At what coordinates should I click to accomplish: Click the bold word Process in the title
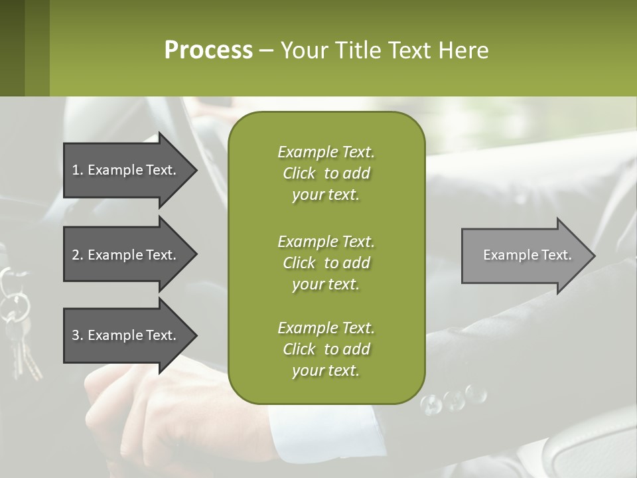coord(208,50)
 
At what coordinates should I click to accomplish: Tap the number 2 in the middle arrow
coord(76,255)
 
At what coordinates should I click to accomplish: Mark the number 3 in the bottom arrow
coord(76,335)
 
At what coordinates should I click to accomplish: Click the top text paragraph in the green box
coord(326,173)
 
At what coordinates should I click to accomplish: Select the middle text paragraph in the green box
coord(326,262)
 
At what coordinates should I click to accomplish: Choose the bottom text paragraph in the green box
coord(326,349)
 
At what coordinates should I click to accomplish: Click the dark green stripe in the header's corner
coord(12,48)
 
